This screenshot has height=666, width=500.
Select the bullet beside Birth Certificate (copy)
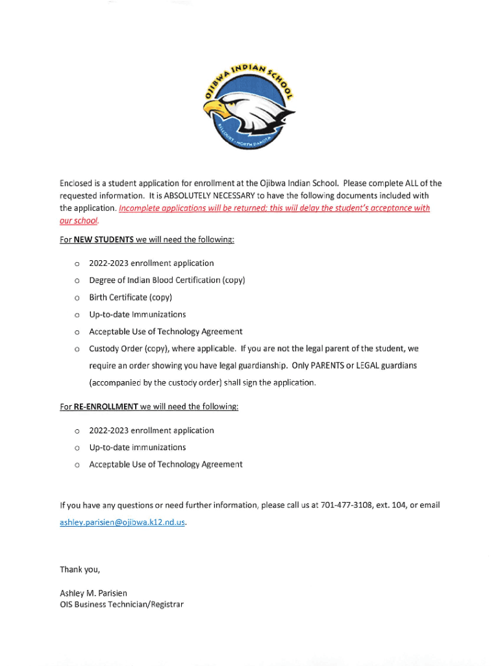click(x=77, y=298)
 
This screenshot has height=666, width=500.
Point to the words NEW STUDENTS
click(x=104, y=240)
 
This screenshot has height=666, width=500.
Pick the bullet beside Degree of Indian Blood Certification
click(x=77, y=281)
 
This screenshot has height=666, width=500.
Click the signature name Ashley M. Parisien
click(x=94, y=593)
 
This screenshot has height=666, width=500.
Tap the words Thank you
click(x=80, y=570)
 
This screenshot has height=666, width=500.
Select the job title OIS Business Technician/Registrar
click(x=121, y=605)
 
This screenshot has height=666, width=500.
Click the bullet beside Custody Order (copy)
click(x=77, y=349)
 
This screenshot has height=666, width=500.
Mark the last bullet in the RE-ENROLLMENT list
click(x=77, y=465)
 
